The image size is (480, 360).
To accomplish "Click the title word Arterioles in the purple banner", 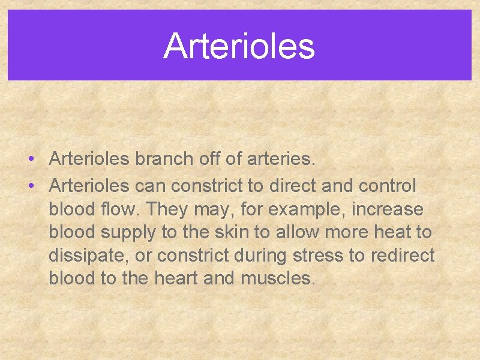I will point(239,46).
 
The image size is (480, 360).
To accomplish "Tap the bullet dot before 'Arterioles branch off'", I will point(29,160).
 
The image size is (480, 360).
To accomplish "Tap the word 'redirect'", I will point(401,256).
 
